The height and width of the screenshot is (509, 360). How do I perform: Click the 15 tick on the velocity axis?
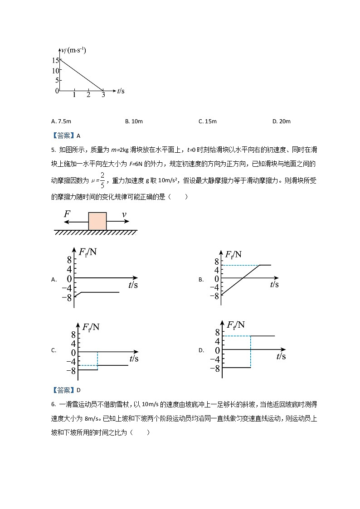tap(55, 60)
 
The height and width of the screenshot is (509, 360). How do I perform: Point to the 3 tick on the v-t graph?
tap(103, 95)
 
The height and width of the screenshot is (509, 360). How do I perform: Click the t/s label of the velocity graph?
tap(121, 91)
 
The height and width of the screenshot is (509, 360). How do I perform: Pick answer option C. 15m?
tap(208, 121)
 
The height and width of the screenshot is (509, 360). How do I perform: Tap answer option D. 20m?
tap(281, 121)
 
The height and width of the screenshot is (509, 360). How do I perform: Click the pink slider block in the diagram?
tap(97, 221)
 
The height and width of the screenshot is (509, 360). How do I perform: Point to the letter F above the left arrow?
tap(67, 213)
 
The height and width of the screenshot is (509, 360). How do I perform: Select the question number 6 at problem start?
tap(54, 404)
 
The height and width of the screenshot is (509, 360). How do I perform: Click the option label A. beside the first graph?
tap(54, 280)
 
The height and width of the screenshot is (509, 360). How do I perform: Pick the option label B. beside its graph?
tap(201, 280)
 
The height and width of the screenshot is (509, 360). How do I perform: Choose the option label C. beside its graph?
tap(54, 350)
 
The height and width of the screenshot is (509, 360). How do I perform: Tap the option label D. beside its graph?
tap(201, 350)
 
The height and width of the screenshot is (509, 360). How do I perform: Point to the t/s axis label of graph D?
tap(281, 357)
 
